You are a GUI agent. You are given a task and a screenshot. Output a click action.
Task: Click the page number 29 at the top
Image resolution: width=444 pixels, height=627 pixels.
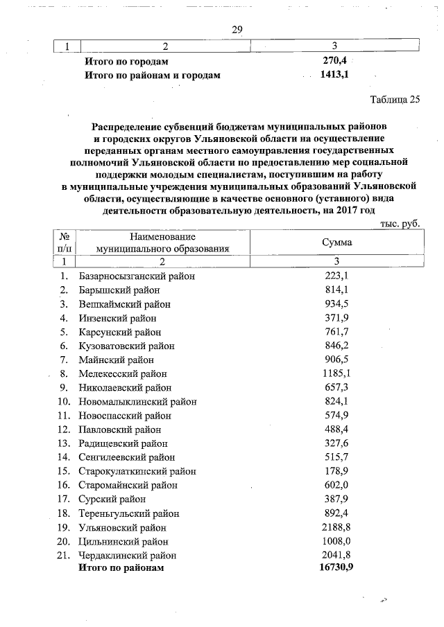click(237, 28)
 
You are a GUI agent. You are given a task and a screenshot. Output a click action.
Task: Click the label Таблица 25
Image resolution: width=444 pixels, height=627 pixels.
click(395, 98)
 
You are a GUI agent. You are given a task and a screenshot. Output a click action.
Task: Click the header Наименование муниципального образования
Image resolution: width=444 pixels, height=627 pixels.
click(162, 242)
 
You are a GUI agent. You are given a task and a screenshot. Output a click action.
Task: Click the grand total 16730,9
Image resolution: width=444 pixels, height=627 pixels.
click(335, 568)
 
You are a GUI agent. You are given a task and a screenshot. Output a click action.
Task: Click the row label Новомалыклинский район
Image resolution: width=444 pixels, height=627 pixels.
click(137, 401)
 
